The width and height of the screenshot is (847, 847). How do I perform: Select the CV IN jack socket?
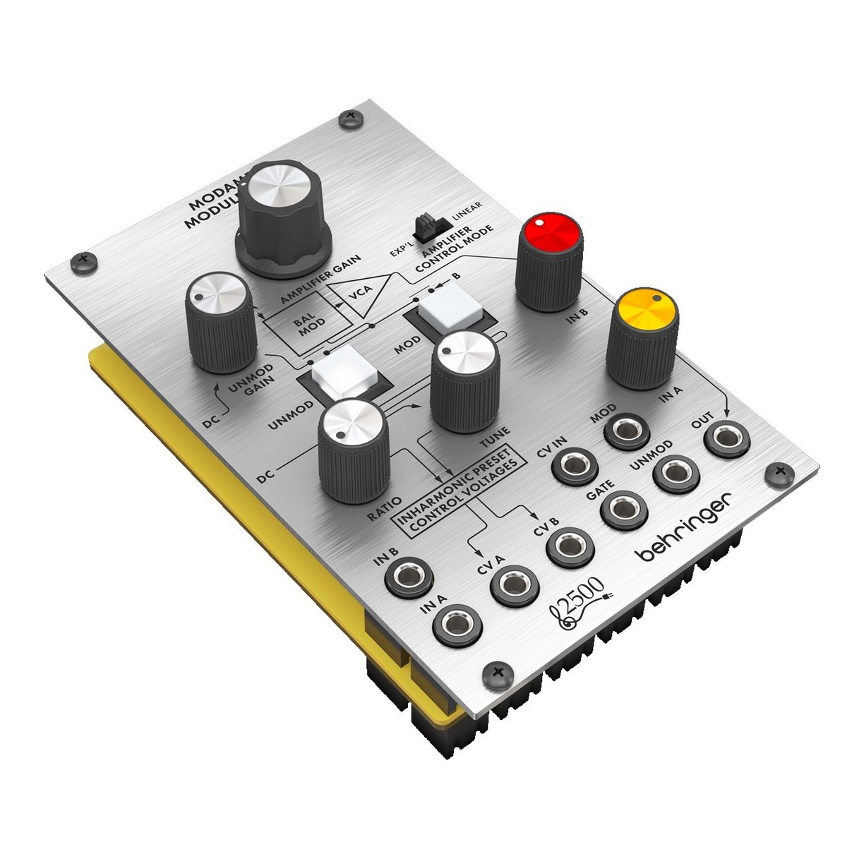point(575,464)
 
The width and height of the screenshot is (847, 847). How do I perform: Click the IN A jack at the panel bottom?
point(457,625)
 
